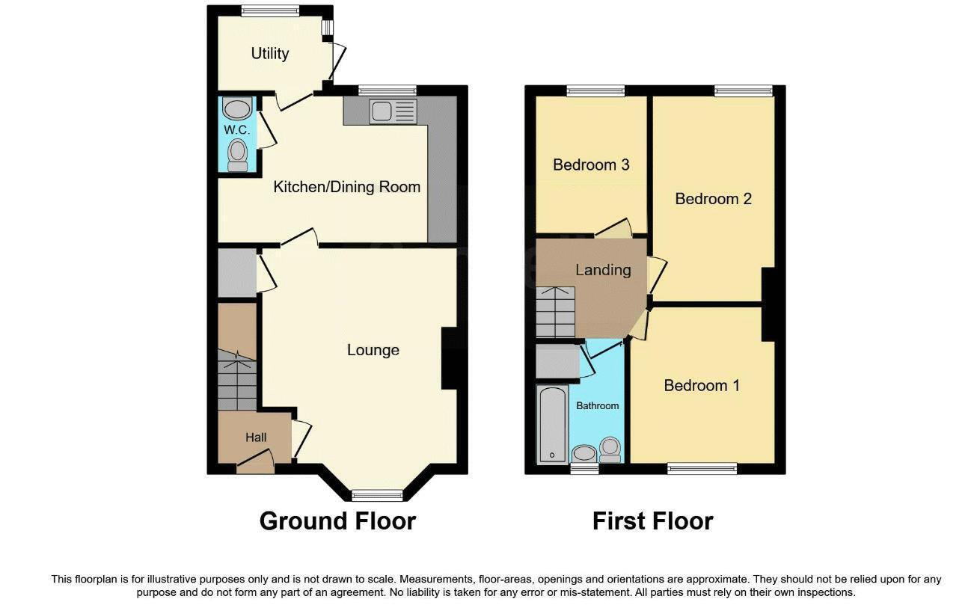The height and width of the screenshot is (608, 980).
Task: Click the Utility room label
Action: tap(270, 54)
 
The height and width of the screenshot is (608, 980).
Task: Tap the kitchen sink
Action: tap(393, 111)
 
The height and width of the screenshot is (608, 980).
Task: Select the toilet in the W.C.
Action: tap(237, 156)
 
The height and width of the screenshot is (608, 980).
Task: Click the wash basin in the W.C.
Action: tap(237, 108)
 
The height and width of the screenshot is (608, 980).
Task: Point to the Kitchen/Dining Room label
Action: tap(346, 187)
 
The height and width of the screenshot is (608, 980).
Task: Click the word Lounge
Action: tap(373, 350)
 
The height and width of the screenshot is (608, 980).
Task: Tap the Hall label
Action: tap(256, 437)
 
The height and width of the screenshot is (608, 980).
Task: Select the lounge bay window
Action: tap(377, 495)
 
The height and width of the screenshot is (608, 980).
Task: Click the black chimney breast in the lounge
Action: tap(450, 358)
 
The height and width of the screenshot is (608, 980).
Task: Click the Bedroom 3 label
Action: tap(591, 165)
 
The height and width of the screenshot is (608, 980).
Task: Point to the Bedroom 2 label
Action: tap(713, 199)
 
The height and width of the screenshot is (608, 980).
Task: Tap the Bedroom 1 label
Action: tap(702, 385)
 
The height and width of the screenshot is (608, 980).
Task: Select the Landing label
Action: tap(603, 270)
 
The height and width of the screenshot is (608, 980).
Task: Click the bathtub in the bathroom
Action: tap(553, 424)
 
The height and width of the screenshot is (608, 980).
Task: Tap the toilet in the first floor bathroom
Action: tap(610, 449)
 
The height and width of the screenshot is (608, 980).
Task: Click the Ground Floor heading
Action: tap(337, 521)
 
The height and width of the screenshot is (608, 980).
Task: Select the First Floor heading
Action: tap(653, 521)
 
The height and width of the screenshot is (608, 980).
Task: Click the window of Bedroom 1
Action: tap(702, 469)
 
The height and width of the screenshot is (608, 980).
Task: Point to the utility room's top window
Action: tap(270, 10)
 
